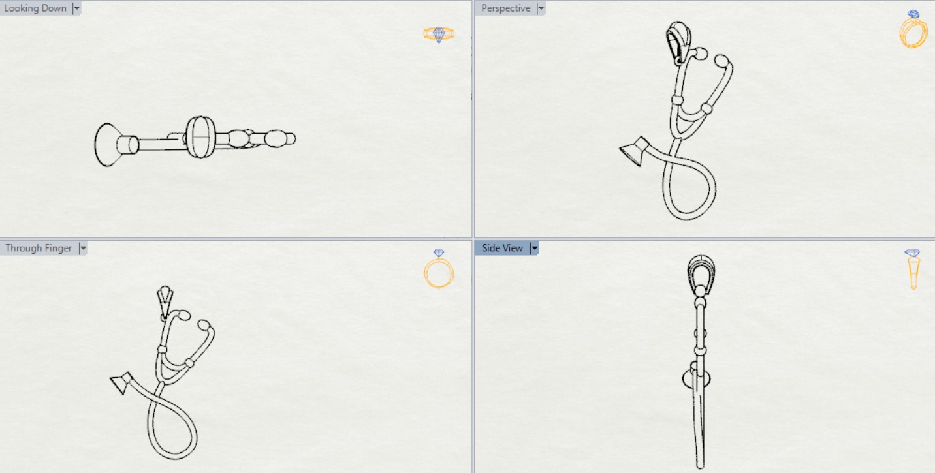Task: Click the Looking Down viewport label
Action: coord(35,8)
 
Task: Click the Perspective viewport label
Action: coord(505,8)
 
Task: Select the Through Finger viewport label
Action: coord(39,248)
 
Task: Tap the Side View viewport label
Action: coord(502,248)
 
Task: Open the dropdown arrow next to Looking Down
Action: coord(76,8)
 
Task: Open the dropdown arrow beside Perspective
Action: coord(541,8)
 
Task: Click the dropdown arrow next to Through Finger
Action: coord(83,248)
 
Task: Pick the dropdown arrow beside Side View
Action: coord(534,248)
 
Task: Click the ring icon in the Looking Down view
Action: coord(439,34)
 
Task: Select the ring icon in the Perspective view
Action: coord(913,29)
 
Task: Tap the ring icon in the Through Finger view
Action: coord(439,269)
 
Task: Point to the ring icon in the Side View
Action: coord(913,269)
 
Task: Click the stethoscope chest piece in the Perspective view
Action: coord(635,151)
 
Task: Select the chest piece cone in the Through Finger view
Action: coord(121,382)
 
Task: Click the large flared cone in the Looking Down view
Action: coord(108,145)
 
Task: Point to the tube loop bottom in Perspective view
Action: coord(689,217)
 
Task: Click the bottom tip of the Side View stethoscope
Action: coord(700,468)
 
